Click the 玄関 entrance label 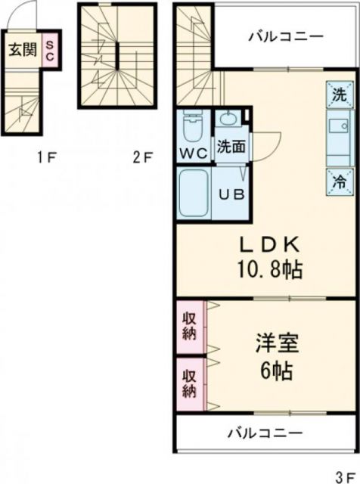[x=22, y=51]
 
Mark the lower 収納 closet [x=190, y=382]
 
